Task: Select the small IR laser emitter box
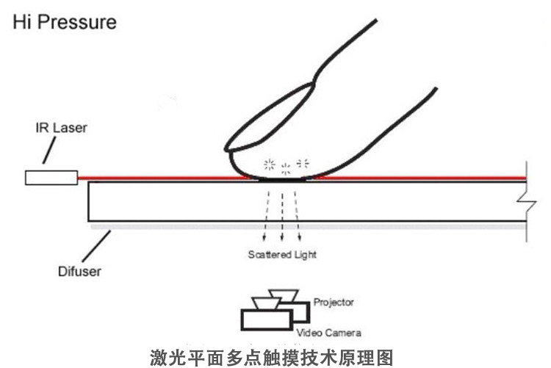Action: pyautogui.click(x=51, y=177)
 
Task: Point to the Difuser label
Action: pyautogui.click(x=79, y=271)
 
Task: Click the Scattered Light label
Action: pyautogui.click(x=281, y=255)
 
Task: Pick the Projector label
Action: pyautogui.click(x=334, y=302)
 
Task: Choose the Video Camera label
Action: pyautogui.click(x=328, y=332)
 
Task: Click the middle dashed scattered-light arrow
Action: pyautogui.click(x=283, y=217)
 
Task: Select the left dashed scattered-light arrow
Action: pyautogui.click(x=266, y=217)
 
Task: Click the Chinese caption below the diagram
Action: pyautogui.click(x=272, y=358)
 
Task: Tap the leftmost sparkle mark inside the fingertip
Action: pyautogui.click(x=269, y=164)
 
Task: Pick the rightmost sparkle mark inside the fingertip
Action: pyautogui.click(x=302, y=163)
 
